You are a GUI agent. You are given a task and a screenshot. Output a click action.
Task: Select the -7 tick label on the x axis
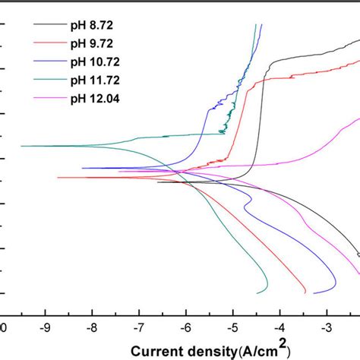(x=138, y=328)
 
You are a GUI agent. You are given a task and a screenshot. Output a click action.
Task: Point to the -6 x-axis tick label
(x=185, y=328)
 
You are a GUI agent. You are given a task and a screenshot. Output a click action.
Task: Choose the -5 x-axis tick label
(x=232, y=328)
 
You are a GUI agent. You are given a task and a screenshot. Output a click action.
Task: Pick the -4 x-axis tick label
(x=279, y=328)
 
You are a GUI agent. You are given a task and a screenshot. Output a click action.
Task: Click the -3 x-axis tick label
(x=326, y=328)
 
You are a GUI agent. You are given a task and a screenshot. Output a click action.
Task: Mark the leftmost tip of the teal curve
(x=21, y=145)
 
